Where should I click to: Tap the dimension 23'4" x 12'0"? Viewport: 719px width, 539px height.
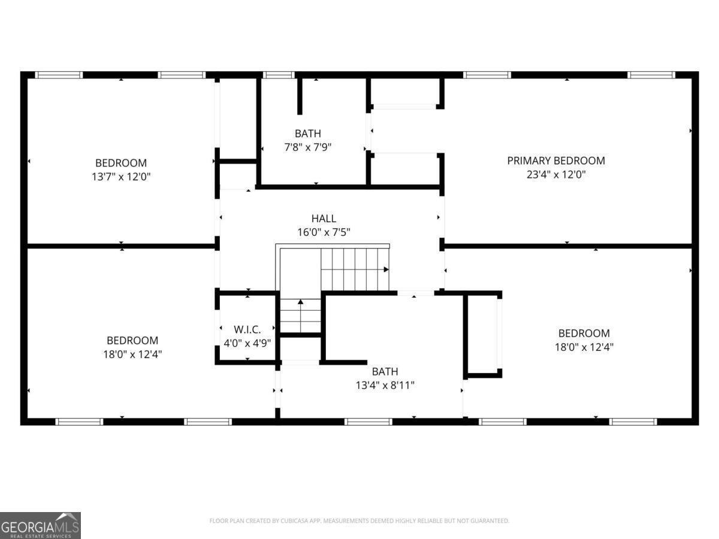click(x=555, y=175)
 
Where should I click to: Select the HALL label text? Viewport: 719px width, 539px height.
click(x=324, y=219)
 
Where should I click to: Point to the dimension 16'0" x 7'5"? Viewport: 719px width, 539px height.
click(x=324, y=232)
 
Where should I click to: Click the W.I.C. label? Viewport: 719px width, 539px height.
click(x=247, y=329)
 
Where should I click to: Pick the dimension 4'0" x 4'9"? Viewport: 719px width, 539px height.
click(x=247, y=344)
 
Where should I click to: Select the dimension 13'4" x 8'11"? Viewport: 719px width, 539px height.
click(x=385, y=385)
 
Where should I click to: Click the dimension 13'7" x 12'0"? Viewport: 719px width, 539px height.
click(x=120, y=177)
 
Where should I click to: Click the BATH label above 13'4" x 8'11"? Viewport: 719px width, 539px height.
click(x=385, y=371)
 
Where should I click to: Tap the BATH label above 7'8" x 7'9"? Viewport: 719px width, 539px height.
click(x=307, y=134)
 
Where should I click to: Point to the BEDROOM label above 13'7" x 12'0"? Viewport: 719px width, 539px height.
click(x=120, y=163)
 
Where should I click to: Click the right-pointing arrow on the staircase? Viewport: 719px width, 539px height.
click(x=385, y=269)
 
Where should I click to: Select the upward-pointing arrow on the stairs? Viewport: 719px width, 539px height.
click(x=301, y=302)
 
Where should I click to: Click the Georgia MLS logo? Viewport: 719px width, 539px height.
click(x=40, y=525)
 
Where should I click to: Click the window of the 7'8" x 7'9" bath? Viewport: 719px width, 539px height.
click(x=279, y=75)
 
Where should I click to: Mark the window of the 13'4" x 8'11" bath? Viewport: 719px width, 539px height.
click(x=368, y=422)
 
